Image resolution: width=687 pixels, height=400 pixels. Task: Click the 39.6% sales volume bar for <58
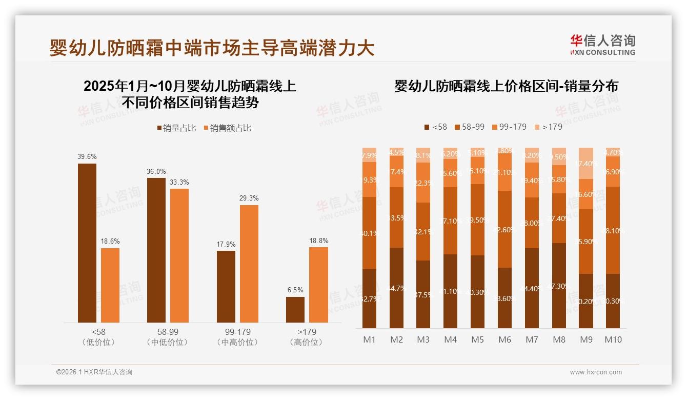(x=87, y=243)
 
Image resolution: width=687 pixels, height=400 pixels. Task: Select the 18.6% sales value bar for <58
(x=110, y=285)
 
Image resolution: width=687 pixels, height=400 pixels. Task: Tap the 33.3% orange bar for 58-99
(x=179, y=255)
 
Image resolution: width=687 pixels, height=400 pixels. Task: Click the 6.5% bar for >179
(x=295, y=310)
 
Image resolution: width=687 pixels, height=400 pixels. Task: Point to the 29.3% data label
(x=249, y=198)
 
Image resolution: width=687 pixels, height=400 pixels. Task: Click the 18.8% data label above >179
(x=319, y=241)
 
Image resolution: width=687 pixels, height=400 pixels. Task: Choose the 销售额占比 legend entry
(x=227, y=128)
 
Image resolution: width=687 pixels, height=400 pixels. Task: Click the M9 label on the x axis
(x=586, y=339)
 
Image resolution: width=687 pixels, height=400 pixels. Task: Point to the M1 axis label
(x=370, y=339)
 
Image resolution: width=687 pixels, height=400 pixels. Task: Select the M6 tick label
(x=505, y=339)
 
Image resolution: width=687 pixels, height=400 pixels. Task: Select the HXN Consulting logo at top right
(x=602, y=45)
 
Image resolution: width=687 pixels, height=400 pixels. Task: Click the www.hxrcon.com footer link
(x=596, y=372)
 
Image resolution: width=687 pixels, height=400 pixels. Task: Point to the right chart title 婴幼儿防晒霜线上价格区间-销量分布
(x=506, y=86)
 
